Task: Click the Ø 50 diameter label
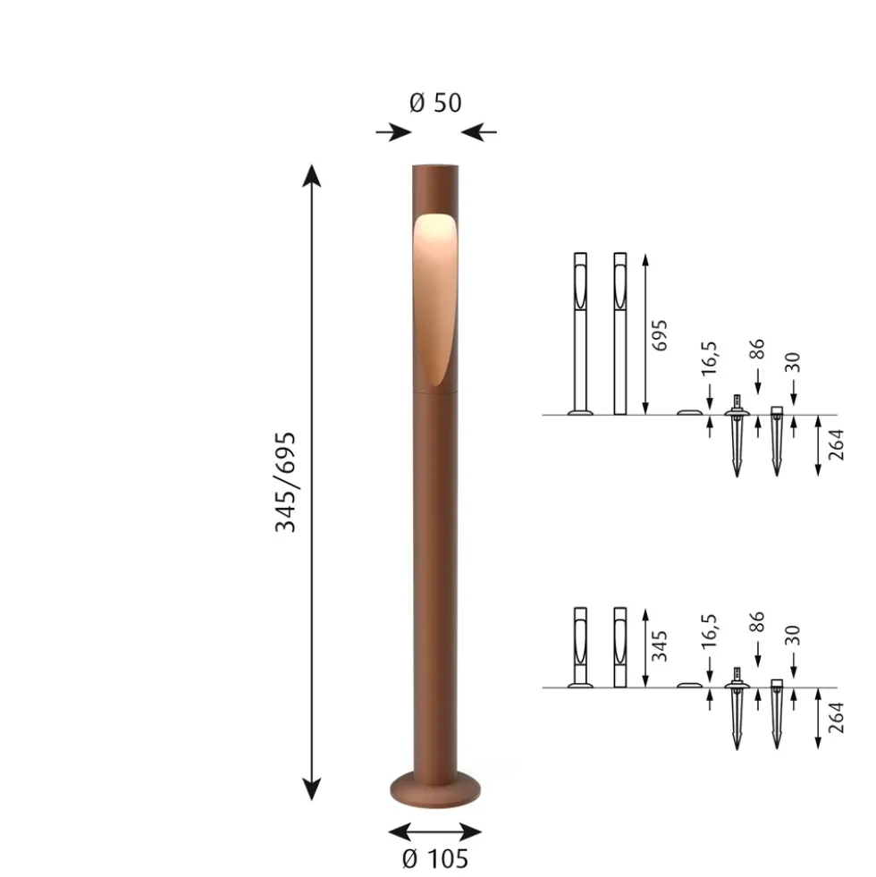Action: [435, 103]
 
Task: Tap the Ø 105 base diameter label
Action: [435, 859]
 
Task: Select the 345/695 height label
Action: [285, 482]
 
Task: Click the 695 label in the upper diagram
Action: [660, 335]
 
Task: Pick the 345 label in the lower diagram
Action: [660, 646]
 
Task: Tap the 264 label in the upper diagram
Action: [836, 445]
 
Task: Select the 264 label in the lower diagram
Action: [836, 718]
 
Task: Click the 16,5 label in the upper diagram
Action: [710, 358]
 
